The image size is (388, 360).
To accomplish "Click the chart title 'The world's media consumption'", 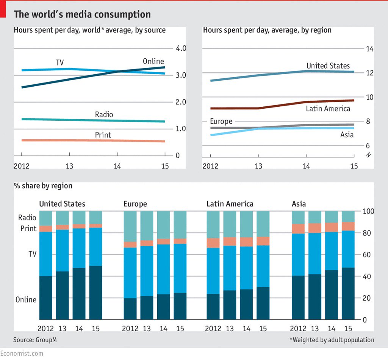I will tap(82, 14).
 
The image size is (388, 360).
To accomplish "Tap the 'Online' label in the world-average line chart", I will tap(153, 61).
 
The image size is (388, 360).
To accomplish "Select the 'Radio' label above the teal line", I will tap(104, 114).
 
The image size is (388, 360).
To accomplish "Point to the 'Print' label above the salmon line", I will tap(103, 135).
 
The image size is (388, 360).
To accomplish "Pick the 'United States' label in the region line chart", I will tap(328, 66).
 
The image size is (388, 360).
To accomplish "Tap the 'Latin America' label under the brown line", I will tap(328, 109).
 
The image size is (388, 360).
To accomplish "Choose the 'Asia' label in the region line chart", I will tap(347, 135).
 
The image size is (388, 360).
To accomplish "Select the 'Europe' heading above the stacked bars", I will tap(135, 204).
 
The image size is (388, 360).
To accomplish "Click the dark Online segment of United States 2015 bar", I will tap(95, 292).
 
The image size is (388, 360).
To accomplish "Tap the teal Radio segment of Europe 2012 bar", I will tap(130, 226).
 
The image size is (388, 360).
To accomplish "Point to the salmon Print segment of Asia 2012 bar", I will tap(298, 229).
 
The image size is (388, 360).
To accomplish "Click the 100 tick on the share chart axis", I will tap(369, 211).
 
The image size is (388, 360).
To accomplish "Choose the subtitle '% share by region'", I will tap(43, 186).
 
